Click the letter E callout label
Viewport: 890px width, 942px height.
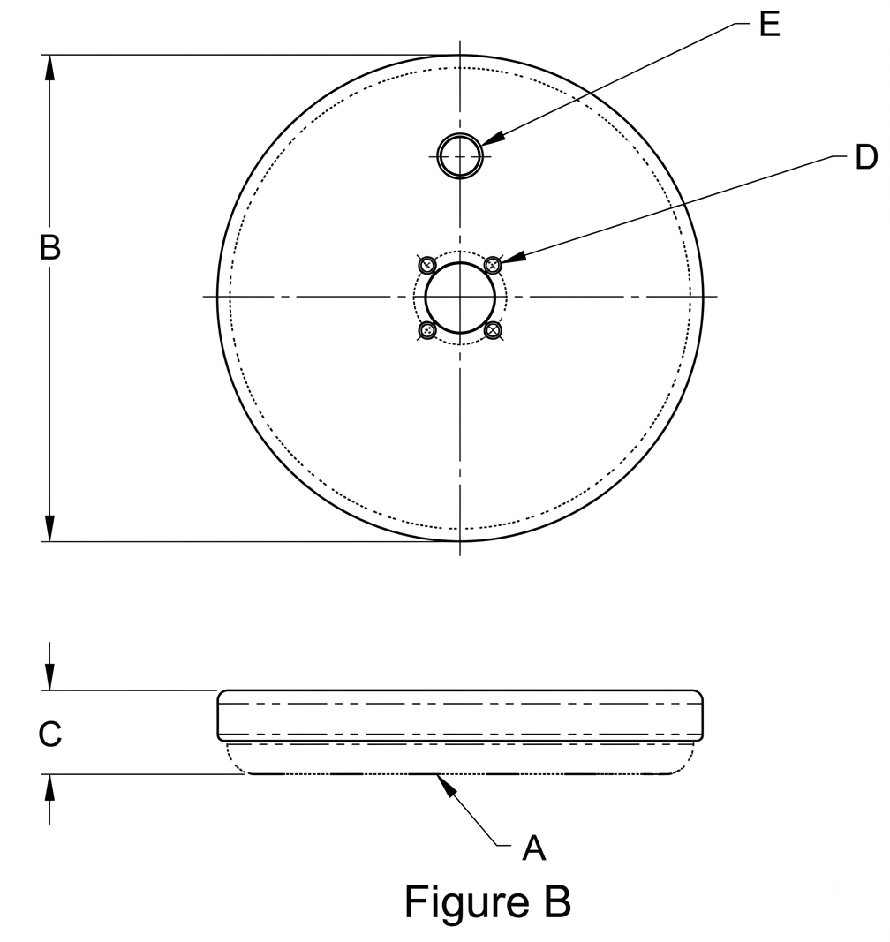(770, 26)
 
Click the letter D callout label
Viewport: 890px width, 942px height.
(866, 157)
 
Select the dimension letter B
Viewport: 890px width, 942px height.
(49, 247)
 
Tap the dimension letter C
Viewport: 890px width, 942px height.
(49, 734)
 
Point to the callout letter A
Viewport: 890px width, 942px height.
(533, 849)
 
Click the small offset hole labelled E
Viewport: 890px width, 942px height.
(460, 155)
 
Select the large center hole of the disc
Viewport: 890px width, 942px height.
(460, 298)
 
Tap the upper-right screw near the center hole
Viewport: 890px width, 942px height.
(494, 264)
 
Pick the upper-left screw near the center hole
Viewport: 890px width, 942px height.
(427, 264)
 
